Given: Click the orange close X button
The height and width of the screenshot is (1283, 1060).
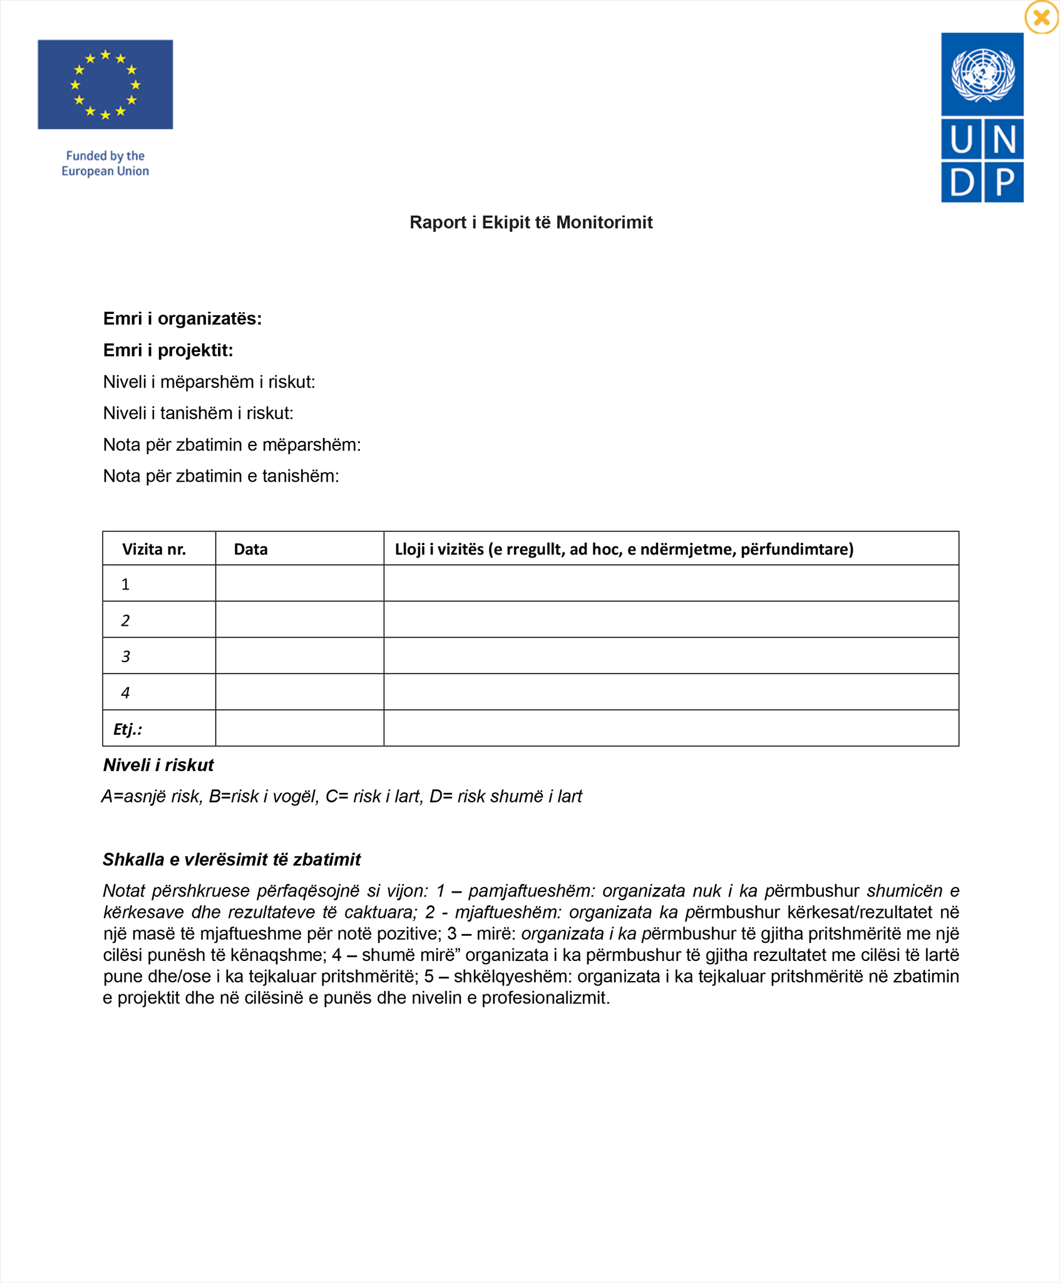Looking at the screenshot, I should click(1041, 18).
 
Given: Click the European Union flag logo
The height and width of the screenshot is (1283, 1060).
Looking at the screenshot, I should click(105, 85).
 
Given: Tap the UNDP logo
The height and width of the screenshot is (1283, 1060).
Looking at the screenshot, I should click(982, 118).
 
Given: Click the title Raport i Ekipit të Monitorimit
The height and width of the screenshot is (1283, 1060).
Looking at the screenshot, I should click(530, 222).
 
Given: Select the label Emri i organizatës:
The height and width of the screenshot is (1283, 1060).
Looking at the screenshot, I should click(182, 319).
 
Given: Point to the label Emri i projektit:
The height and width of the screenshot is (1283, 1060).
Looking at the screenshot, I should click(168, 350).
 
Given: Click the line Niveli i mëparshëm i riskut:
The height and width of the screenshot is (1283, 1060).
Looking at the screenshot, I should click(209, 382).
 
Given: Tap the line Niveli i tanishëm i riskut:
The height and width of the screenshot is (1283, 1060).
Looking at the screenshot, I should click(198, 413).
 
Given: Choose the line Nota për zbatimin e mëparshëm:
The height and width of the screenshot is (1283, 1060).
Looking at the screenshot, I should click(232, 445).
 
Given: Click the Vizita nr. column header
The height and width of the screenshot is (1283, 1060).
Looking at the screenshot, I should click(154, 549).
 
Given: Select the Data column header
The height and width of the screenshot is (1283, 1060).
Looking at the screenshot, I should click(250, 549).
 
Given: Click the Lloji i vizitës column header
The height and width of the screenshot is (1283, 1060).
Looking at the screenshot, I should click(624, 549).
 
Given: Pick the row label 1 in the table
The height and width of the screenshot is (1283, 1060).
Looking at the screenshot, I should click(126, 584).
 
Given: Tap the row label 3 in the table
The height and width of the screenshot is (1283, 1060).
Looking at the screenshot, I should click(126, 657).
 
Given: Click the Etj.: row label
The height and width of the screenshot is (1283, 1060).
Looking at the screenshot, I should click(128, 729).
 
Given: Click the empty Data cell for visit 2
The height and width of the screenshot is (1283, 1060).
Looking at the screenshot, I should click(299, 620).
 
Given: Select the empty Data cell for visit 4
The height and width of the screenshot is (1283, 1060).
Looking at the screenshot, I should click(299, 692).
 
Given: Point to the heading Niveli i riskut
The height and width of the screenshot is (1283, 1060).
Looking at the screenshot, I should click(158, 765).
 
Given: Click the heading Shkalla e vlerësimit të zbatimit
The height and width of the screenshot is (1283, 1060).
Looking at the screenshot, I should click(232, 860).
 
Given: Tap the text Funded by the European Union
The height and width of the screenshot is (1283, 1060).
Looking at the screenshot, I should click(105, 164).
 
